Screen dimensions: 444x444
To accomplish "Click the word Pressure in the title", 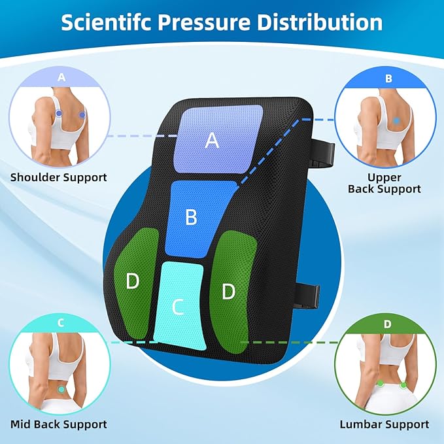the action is [204, 23].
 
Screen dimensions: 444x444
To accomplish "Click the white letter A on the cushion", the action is [212, 141].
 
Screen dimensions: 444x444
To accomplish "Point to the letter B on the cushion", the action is [191, 217].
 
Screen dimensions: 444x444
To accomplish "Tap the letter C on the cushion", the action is [178, 307].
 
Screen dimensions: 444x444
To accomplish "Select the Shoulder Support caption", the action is [59, 178].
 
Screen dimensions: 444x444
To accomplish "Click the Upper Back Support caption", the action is [384, 183].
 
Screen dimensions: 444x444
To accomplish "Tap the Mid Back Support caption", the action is [59, 424].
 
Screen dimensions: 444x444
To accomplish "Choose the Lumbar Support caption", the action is [384, 424].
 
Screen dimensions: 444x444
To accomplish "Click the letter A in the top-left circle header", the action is [61, 77].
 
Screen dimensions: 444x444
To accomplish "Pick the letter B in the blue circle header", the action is [388, 78].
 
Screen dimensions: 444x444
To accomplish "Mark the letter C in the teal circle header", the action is [61, 323].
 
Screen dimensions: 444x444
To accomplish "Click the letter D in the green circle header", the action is [387, 324].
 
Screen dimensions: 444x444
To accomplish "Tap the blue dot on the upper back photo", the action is [396, 121].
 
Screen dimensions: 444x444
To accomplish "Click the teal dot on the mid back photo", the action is [61, 389].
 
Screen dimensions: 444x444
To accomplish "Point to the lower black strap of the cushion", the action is [307, 296].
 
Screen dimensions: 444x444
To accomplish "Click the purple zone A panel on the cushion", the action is [218, 139].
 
